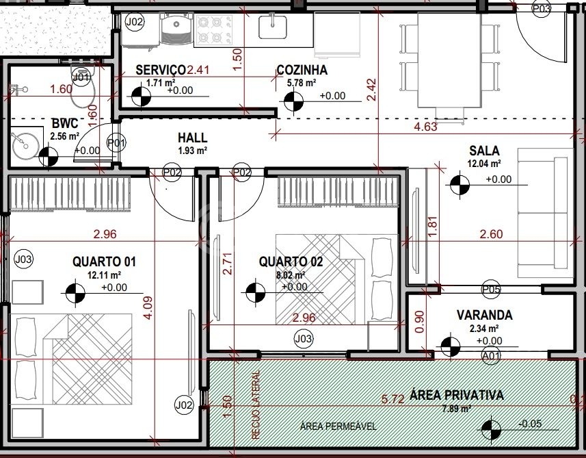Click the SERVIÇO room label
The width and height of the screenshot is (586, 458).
160,70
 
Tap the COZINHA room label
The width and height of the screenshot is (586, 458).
302,70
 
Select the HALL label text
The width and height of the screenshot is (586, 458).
192,138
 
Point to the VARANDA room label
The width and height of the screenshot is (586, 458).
484,315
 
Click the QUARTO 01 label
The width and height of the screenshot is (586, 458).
104,262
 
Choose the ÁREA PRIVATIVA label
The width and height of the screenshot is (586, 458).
457,395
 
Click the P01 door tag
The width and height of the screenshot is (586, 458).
116,143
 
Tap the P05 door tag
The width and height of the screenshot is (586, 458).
491,289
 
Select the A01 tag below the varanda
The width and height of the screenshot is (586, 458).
491,355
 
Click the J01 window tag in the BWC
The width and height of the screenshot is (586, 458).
81,77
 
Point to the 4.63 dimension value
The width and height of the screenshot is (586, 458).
425,127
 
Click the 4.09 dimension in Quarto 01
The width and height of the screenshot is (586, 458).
148,307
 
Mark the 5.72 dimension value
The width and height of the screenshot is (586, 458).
392,399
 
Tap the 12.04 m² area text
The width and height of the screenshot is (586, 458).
484,164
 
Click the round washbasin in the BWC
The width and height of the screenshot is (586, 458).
25,145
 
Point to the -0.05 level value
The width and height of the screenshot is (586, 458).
530,424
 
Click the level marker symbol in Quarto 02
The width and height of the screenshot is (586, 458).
256,292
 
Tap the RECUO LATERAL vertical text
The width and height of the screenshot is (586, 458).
256,405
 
